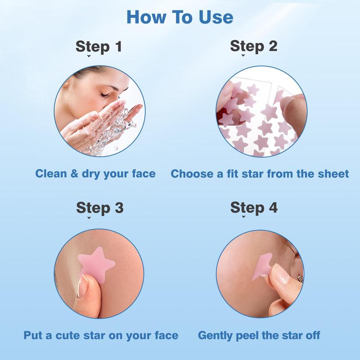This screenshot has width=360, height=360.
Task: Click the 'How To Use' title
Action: point(180,17)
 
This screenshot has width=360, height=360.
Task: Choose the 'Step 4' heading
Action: point(254,207)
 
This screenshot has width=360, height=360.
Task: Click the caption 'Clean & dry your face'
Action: point(95,173)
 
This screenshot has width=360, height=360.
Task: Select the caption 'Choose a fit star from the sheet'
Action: point(260,173)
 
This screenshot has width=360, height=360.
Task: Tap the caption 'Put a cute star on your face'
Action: point(101,335)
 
